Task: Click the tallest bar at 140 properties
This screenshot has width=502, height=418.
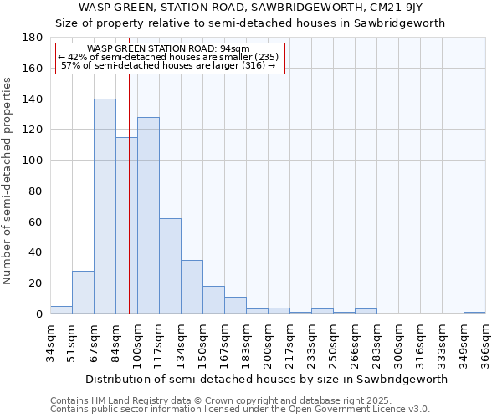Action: point(105,206)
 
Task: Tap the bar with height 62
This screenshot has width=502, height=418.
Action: point(170,266)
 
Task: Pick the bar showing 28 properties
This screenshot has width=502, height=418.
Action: point(83,292)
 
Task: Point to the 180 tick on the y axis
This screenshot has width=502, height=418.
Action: point(33,38)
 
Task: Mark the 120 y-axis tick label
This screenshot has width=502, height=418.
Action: point(33,130)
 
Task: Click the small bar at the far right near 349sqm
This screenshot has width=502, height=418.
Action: point(474,313)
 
